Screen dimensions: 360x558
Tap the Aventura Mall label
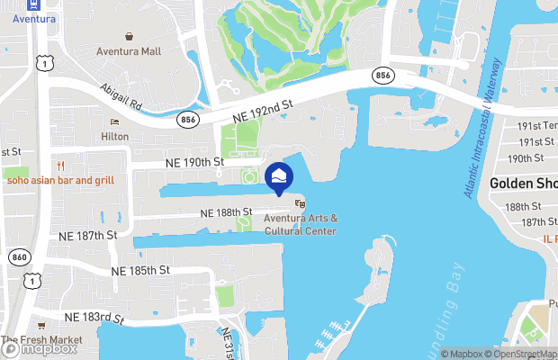pos(130,51)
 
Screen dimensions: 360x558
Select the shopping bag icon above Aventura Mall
pos(130,37)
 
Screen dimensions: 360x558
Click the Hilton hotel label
pos(114,137)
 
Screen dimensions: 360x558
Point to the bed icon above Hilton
pos(114,122)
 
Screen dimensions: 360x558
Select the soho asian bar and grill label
pos(60,180)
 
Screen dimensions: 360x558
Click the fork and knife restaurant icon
pos(61,166)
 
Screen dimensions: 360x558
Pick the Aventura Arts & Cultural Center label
pos(301,225)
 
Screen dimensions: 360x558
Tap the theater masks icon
pos(300,204)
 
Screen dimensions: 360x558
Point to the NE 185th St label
pos(140,270)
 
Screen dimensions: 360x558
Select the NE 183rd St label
pos(93,317)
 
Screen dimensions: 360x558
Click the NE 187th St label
pos(89,235)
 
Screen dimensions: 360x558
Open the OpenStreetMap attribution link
pos(522,354)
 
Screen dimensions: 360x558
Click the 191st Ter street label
pos(538,126)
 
